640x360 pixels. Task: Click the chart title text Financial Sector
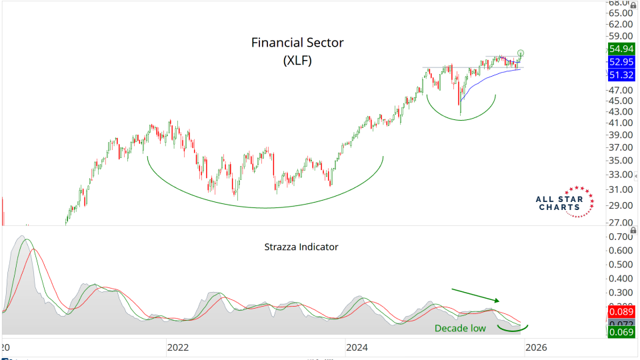[297, 43]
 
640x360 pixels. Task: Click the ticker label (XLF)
[297, 60]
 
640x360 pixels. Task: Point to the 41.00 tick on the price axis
[620, 123]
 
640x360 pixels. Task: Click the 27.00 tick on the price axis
[620, 223]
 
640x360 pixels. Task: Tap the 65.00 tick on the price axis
[620, 13]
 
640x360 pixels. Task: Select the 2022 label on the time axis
[178, 347]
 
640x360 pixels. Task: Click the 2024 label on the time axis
[357, 347]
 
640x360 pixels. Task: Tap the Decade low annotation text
[460, 328]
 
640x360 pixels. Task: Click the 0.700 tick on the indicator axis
[620, 237]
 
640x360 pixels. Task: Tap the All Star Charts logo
[562, 203]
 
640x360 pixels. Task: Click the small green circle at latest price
[521, 53]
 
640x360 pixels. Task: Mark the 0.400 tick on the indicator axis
[620, 279]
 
